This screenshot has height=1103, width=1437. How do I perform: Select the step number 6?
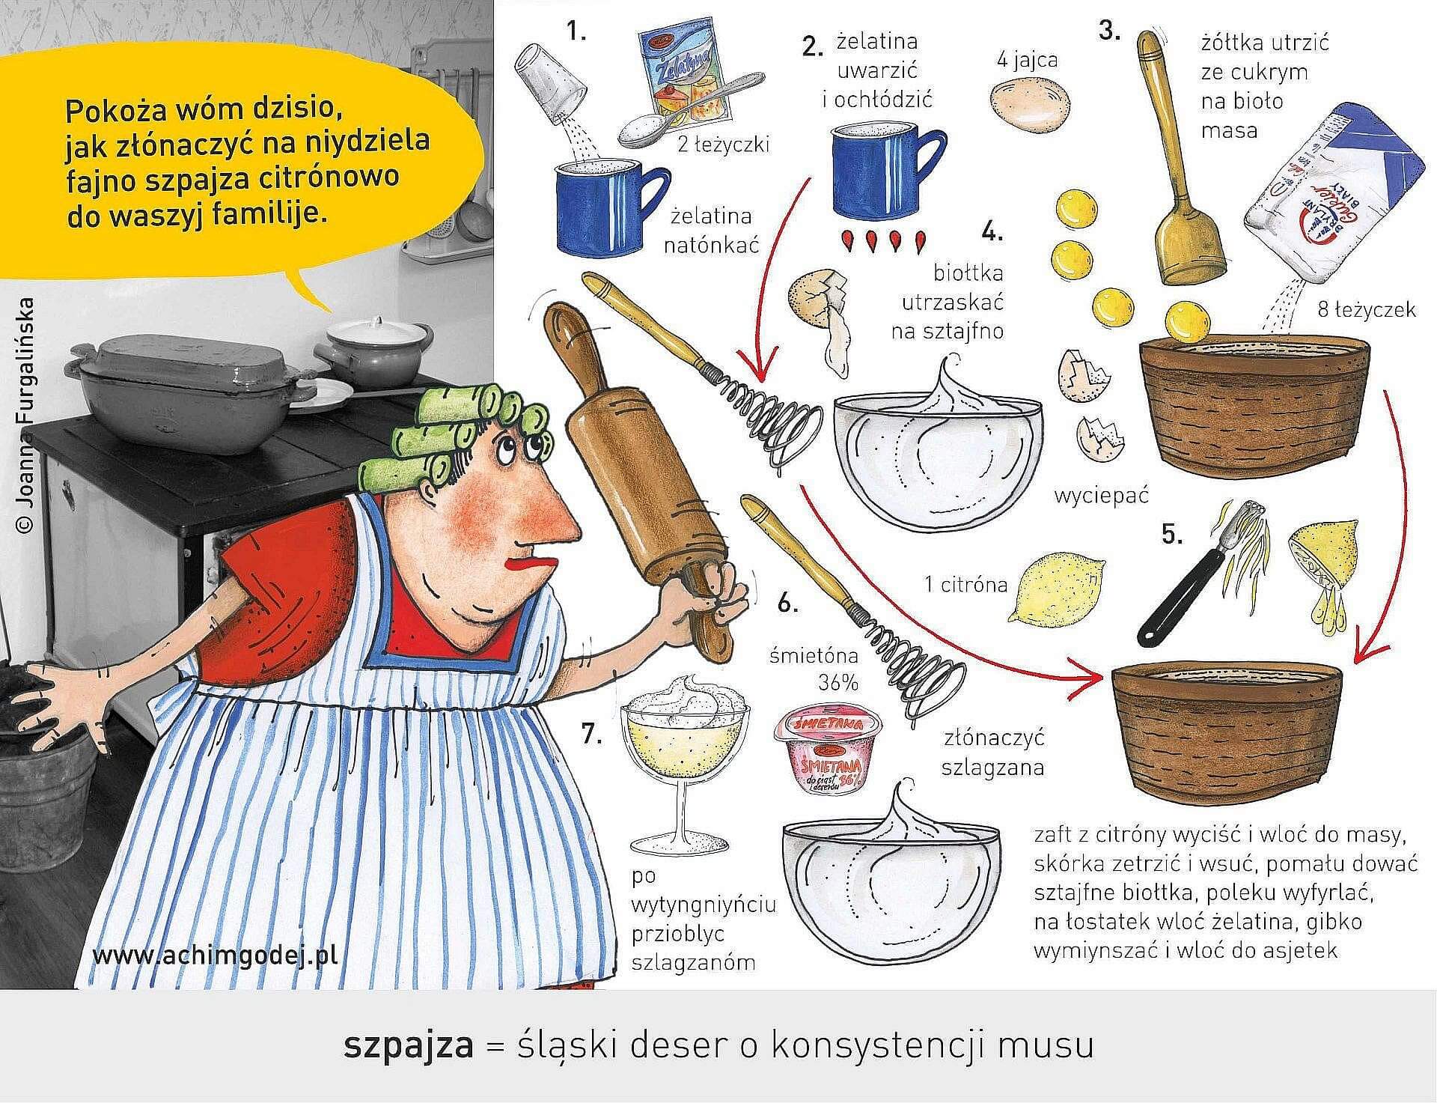[789, 601]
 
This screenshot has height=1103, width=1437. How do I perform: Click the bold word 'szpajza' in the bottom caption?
[409, 1045]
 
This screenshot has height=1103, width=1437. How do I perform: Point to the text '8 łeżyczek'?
[1367, 309]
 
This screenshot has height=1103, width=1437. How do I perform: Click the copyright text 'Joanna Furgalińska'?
[25, 416]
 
